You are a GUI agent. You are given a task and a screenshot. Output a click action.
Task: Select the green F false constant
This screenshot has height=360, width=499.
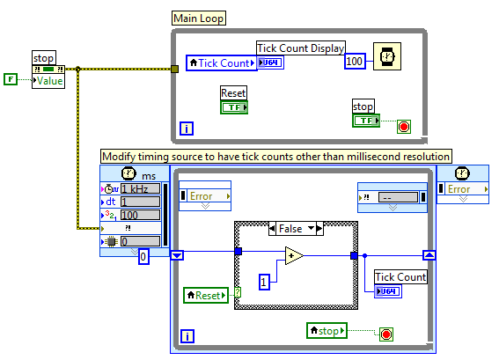pyautogui.click(x=11, y=81)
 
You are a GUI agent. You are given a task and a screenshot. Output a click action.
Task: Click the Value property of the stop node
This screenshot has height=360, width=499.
pyautogui.click(x=48, y=81)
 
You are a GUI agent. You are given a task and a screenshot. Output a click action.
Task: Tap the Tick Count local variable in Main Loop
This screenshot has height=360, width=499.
pyautogui.click(x=220, y=63)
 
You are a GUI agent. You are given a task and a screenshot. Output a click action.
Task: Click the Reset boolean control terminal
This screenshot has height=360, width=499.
pyautogui.click(x=233, y=107)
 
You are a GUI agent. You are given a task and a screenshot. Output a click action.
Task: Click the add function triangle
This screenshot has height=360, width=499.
pyautogui.click(x=294, y=256)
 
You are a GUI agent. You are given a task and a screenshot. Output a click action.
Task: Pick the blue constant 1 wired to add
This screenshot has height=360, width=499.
pyautogui.click(x=263, y=282)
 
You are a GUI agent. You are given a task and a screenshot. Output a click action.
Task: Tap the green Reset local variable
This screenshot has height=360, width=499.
pyautogui.click(x=206, y=295)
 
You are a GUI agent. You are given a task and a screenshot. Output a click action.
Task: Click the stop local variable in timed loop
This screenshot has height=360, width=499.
pyautogui.click(x=327, y=330)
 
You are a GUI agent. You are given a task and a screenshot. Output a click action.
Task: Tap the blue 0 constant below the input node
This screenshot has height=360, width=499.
pyautogui.click(x=144, y=256)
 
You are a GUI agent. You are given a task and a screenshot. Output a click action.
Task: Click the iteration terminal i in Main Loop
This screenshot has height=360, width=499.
pyautogui.click(x=186, y=129)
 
